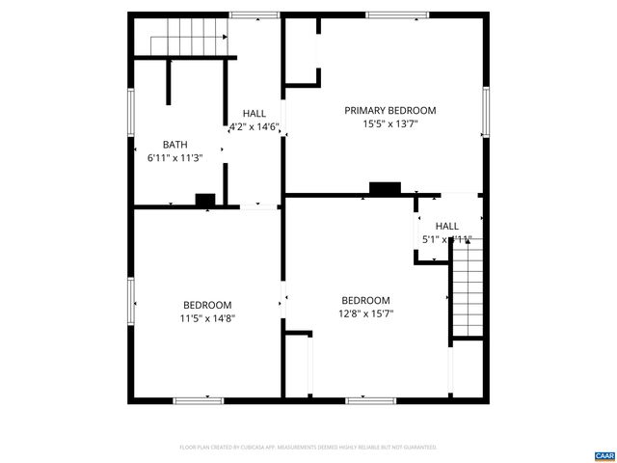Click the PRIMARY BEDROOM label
(390, 111)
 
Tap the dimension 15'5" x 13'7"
(390, 124)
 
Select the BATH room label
(174, 145)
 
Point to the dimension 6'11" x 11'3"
(174, 157)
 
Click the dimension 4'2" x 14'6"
(255, 126)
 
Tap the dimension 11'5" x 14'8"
(207, 318)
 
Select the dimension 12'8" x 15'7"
(365, 313)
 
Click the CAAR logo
(604, 454)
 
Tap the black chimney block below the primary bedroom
(385, 188)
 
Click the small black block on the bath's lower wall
(204, 200)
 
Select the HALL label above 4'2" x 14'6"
(255, 113)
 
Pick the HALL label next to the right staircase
(447, 226)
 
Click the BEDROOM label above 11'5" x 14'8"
(207, 305)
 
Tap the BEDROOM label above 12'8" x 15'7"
(365, 300)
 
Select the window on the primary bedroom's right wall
(485, 111)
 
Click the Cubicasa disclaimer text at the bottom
(308, 448)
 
